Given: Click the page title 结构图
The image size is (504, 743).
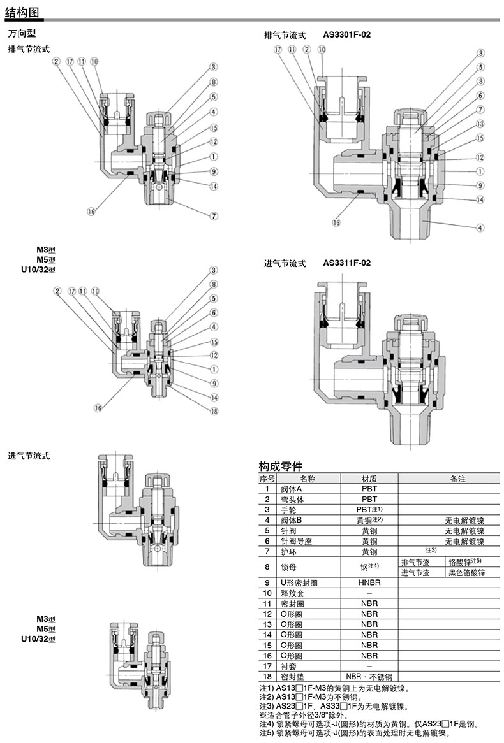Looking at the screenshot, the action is pos(22,12).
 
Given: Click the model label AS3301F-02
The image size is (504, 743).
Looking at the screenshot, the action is pos(347,34).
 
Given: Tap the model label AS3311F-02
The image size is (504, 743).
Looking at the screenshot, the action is pos(347,263).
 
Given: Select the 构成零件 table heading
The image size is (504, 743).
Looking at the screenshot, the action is pos(281,466).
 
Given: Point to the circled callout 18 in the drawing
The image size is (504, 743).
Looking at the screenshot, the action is pos(214,411).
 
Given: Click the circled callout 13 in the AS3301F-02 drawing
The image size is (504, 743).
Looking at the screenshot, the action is pos(480,124).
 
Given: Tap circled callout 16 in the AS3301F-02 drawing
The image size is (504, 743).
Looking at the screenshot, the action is pos(336,222).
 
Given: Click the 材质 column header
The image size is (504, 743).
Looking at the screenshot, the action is pos(369,479).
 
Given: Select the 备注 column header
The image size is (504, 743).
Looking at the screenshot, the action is pos(458,479).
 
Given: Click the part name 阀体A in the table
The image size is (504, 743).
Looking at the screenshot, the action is pos(292,489).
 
